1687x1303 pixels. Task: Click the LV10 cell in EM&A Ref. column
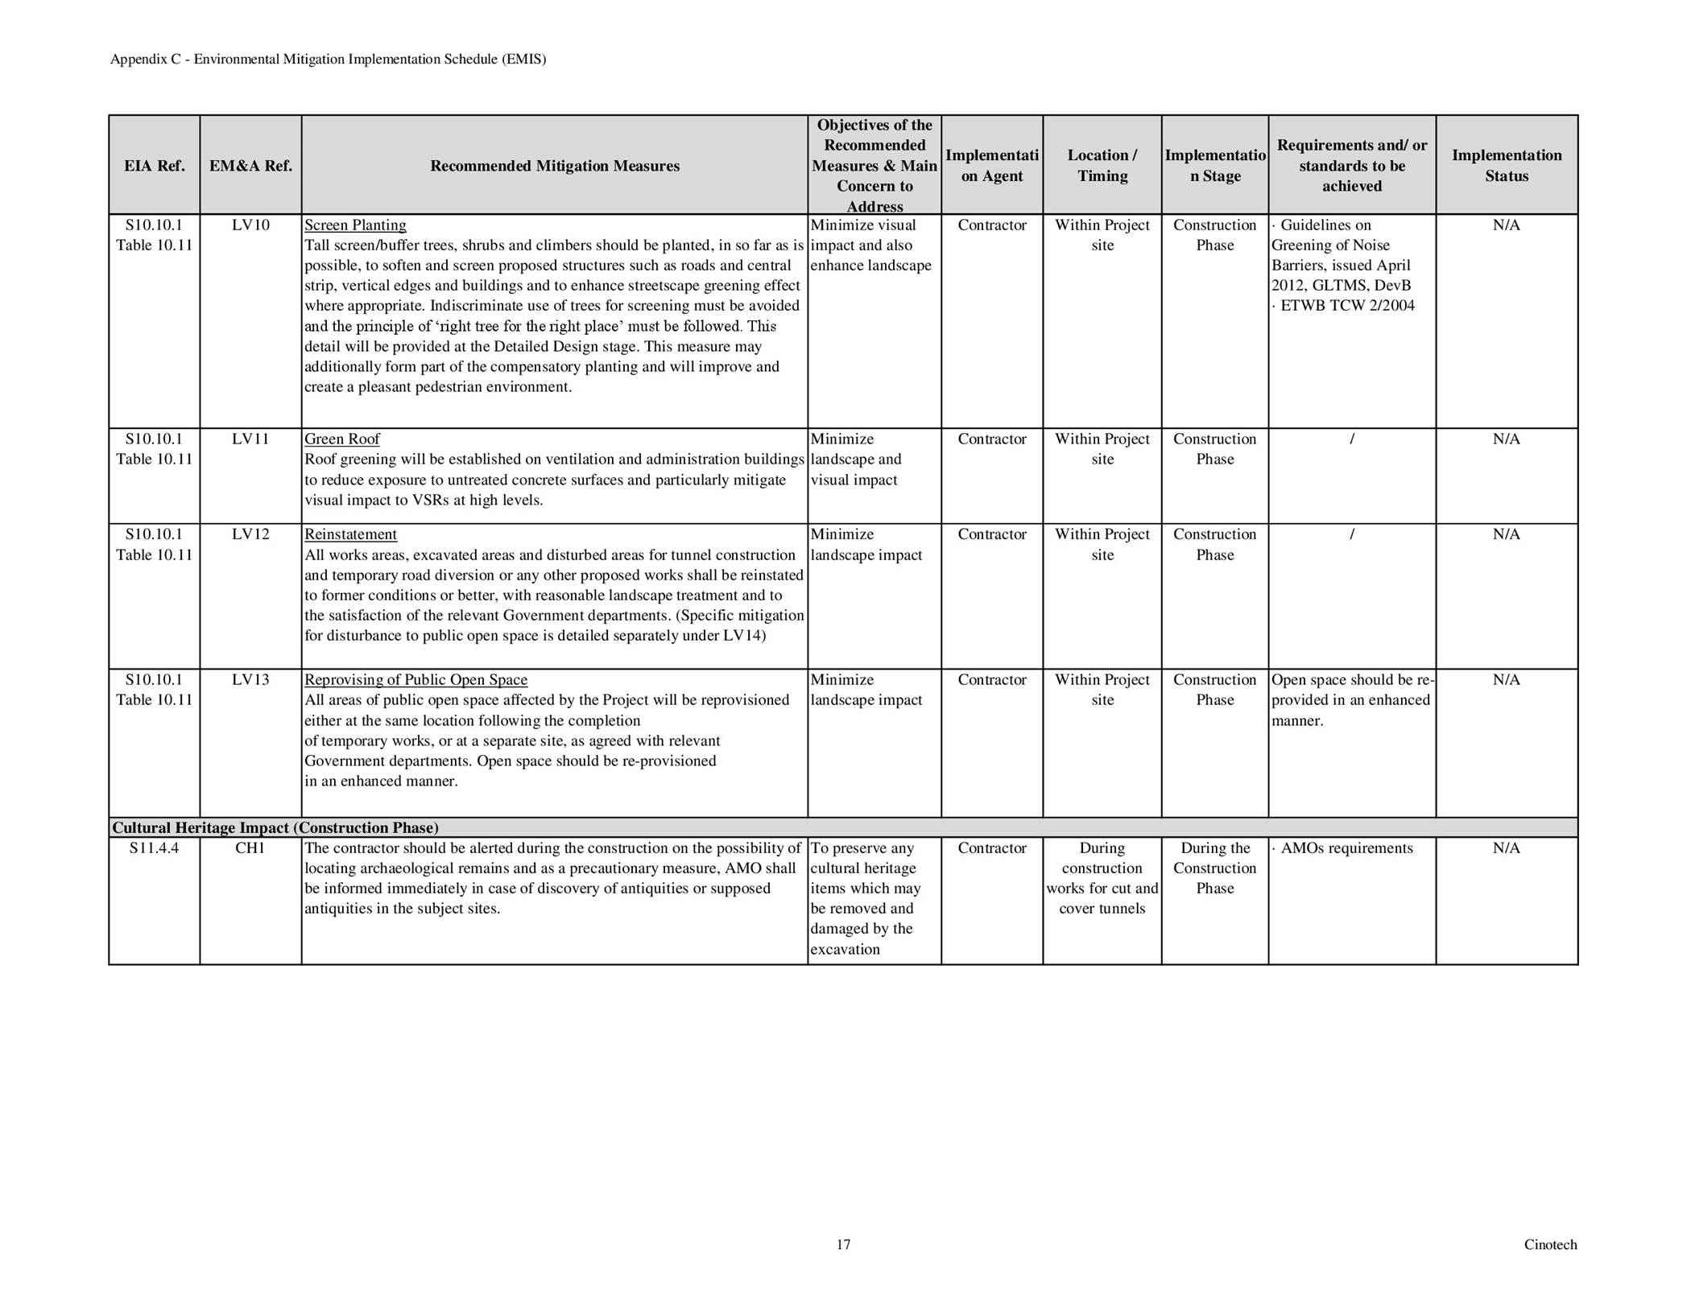250,225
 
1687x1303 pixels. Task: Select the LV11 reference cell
250,439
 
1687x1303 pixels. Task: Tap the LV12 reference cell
250,534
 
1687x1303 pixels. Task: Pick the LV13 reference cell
250,680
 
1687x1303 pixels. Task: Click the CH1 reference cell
250,848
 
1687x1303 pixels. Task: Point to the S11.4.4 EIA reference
154,848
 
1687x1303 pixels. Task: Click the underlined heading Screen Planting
355,225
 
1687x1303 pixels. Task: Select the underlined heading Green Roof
341,439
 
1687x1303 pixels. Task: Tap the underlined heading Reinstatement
350,534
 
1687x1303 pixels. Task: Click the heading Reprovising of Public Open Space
416,680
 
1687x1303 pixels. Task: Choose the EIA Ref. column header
154,166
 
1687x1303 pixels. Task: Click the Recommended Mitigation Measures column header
554,166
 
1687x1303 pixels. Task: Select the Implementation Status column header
1506,166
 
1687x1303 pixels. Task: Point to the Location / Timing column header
1102,166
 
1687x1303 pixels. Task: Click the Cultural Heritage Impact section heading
275,828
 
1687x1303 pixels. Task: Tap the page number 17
843,1245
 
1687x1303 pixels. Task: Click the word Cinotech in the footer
1550,1245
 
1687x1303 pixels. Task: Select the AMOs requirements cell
1346,848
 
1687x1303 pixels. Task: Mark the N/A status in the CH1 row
1506,848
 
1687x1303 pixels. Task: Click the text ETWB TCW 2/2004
1346,306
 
